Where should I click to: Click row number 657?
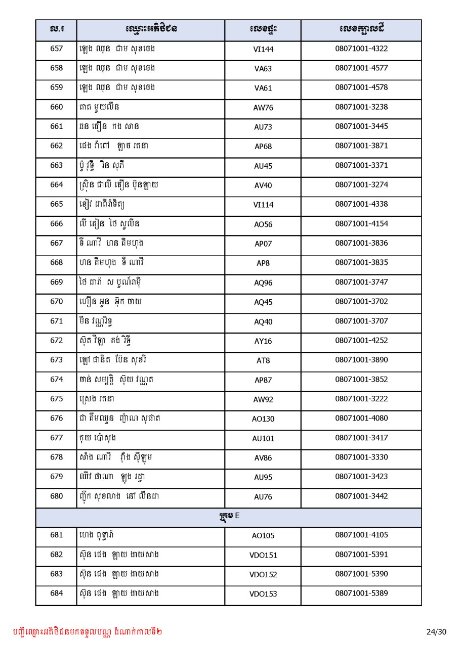(57, 49)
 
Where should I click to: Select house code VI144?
(263, 50)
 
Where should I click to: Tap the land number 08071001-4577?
(361, 68)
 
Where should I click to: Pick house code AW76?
(263, 108)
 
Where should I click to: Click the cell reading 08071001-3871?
(361, 146)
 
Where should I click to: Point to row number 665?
(57, 204)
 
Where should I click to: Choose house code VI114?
(263, 205)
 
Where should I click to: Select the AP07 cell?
(263, 244)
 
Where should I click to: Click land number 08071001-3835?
(361, 262)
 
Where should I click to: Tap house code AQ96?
(263, 283)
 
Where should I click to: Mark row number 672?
(57, 340)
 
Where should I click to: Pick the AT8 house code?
(263, 360)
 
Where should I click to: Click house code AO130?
(263, 419)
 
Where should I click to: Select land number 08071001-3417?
(361, 437)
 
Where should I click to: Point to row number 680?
(57, 496)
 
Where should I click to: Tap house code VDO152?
(263, 575)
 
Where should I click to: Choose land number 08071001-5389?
(361, 593)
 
